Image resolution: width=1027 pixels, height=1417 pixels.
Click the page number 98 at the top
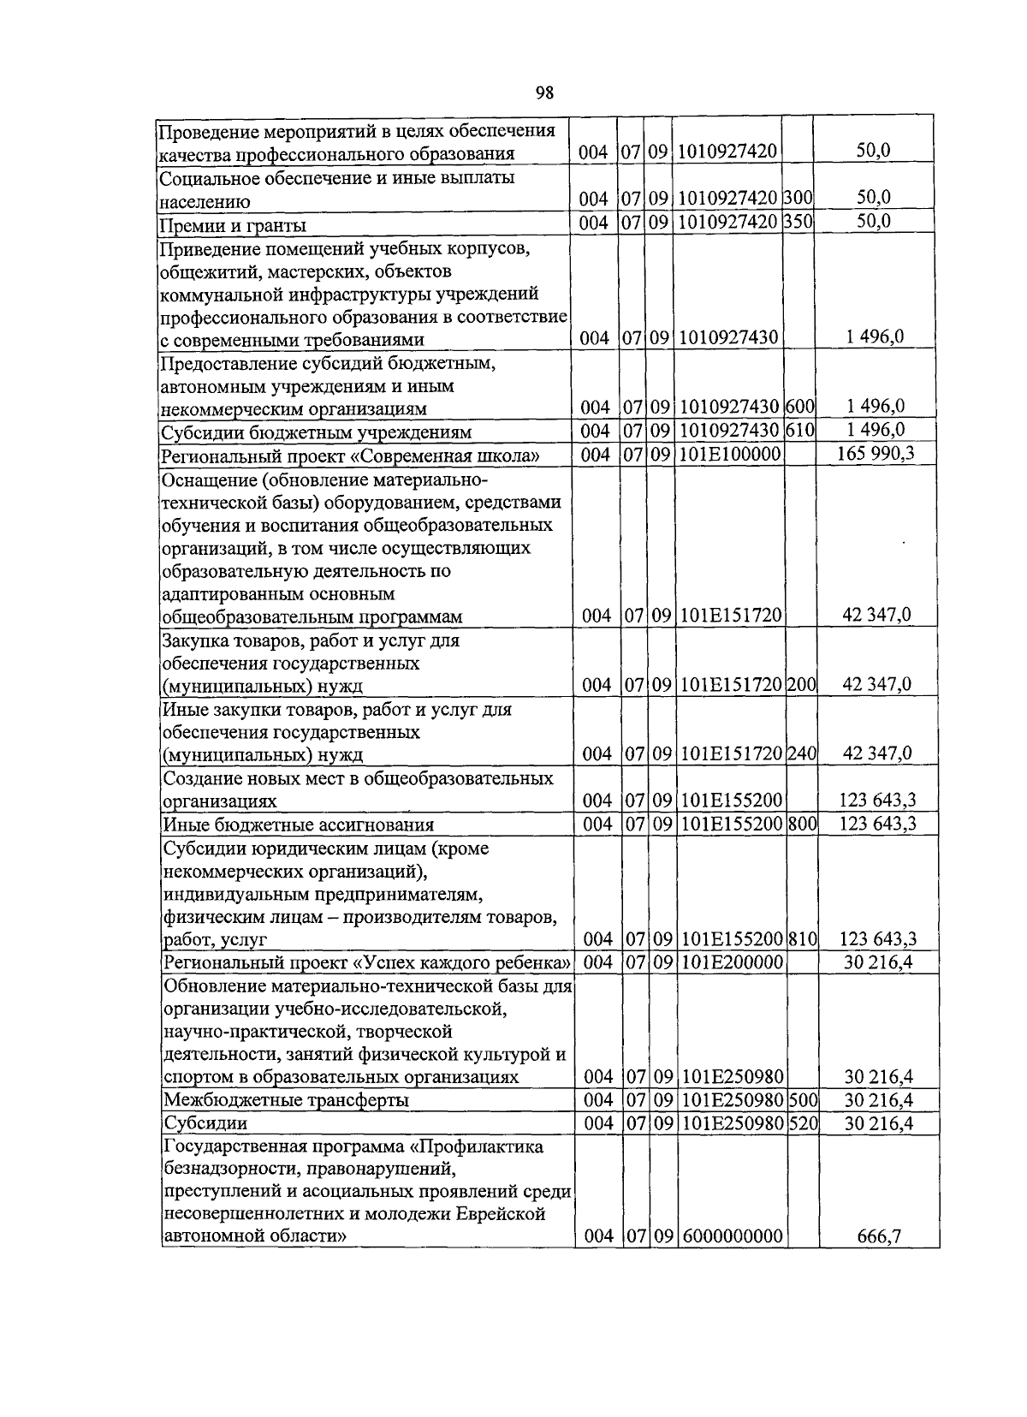tap(545, 92)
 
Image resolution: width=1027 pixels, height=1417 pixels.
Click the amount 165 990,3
tap(876, 453)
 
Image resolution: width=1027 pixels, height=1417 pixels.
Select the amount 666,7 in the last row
tap(879, 1236)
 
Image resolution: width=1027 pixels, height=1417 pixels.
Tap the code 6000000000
tap(733, 1236)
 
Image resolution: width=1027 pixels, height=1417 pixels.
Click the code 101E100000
tap(730, 454)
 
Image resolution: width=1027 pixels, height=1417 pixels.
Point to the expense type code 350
tap(799, 222)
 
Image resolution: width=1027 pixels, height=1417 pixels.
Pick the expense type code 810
tap(803, 939)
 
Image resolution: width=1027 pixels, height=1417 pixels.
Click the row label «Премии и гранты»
tap(234, 225)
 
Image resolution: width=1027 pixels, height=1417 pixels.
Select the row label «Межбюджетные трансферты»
tap(286, 1100)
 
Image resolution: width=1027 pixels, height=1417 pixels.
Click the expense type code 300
tap(799, 199)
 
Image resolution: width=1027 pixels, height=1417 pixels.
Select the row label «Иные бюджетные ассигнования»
tap(299, 825)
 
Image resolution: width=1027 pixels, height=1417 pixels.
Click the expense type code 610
tap(799, 430)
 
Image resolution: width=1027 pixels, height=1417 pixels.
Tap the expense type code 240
tap(802, 753)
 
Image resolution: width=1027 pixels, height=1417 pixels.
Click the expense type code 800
tap(802, 824)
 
